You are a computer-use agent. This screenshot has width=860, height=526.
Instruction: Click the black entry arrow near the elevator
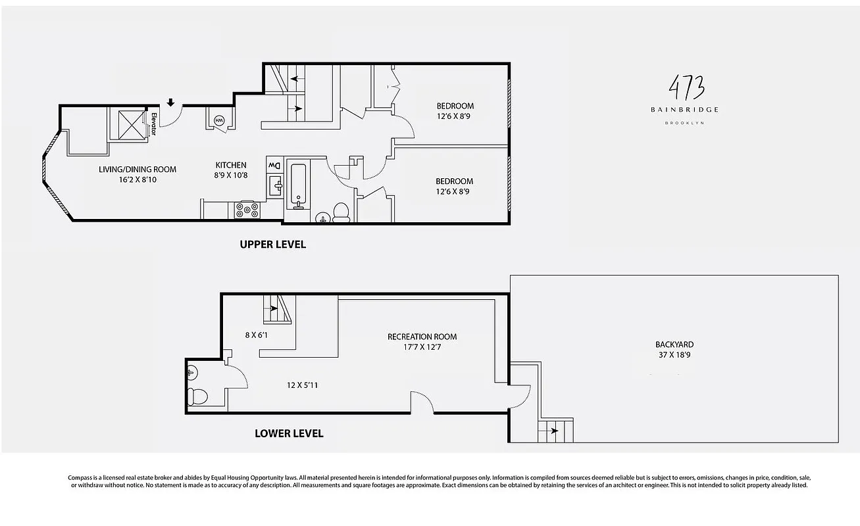(x=170, y=102)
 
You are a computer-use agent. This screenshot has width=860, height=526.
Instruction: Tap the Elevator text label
(x=155, y=124)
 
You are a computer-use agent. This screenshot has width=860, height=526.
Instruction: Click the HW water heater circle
(x=219, y=120)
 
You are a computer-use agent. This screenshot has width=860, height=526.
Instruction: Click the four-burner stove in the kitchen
(x=247, y=210)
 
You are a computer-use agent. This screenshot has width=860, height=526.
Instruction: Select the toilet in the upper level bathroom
(x=341, y=212)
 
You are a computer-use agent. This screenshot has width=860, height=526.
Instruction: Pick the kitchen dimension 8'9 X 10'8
(x=231, y=176)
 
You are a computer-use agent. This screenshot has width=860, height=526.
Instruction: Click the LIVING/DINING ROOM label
(x=138, y=169)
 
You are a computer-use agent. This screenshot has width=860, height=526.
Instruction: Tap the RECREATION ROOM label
(x=422, y=337)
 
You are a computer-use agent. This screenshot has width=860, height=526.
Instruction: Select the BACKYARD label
(x=674, y=345)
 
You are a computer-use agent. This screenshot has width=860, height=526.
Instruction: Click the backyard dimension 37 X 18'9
(x=674, y=355)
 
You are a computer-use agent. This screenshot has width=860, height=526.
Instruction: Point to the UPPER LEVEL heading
(x=272, y=245)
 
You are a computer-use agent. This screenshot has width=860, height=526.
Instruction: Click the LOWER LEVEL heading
(x=289, y=434)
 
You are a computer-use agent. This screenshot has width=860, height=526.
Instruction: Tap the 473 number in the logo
(x=686, y=87)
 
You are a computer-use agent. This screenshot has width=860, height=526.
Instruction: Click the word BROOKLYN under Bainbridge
(x=684, y=123)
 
